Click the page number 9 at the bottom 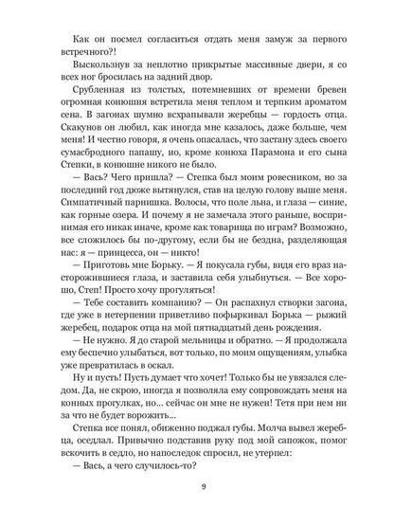196,488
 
